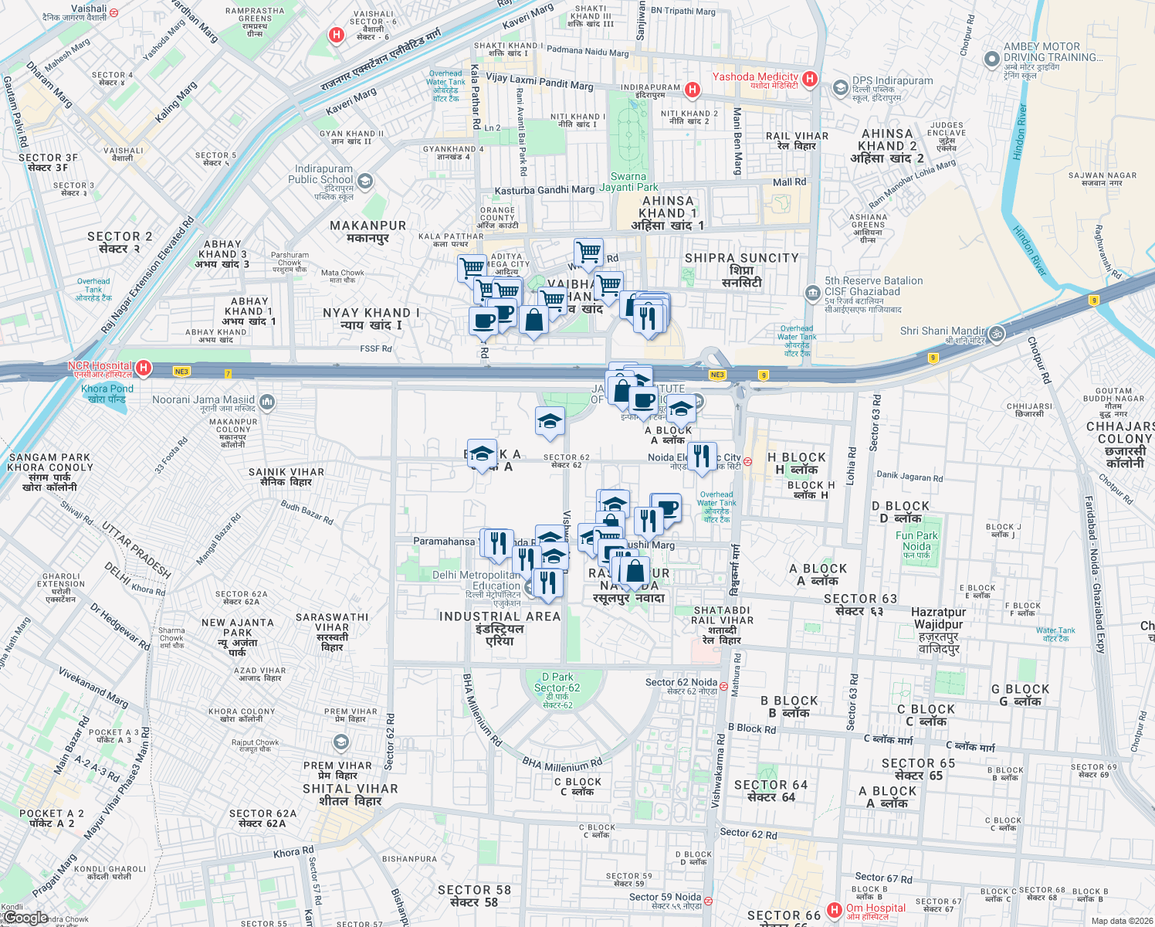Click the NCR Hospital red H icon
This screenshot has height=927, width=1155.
(x=143, y=368)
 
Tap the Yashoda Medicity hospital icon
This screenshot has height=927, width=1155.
(x=810, y=79)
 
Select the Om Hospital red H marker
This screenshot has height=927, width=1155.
(x=834, y=910)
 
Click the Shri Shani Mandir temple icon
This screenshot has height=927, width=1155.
(x=997, y=334)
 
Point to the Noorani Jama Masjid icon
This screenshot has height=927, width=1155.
(x=267, y=402)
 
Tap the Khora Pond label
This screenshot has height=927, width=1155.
(x=107, y=393)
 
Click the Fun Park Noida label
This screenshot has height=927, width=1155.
(x=916, y=541)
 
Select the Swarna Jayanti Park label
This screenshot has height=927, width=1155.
(x=629, y=182)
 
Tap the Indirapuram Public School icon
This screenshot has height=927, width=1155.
(x=365, y=182)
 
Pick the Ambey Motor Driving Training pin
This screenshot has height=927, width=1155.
(x=991, y=59)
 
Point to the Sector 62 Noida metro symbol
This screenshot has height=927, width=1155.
(x=723, y=685)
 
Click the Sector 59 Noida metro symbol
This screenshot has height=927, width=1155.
(x=708, y=901)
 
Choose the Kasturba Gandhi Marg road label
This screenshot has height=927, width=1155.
(x=544, y=190)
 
